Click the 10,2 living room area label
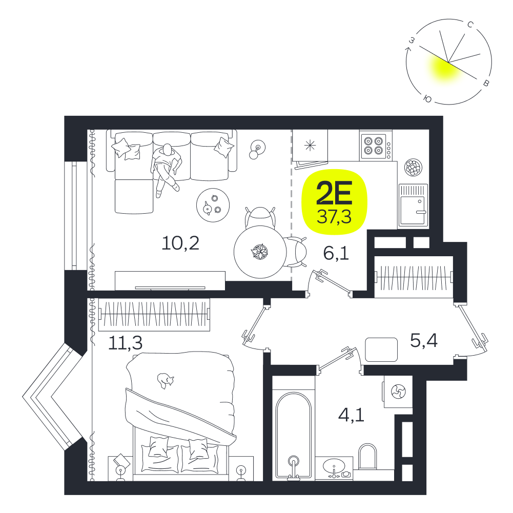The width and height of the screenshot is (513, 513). click(180, 243)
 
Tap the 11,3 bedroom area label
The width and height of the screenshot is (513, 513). click(126, 343)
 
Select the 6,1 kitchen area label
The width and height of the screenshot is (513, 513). click(336, 253)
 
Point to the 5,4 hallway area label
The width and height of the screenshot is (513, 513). click(424, 341)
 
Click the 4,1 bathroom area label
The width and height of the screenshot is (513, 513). click(351, 416)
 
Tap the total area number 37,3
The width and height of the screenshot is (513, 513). click(334, 217)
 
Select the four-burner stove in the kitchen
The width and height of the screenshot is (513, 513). click(376, 146)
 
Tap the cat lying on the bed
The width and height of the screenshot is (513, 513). click(166, 380)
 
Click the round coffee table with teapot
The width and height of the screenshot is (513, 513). click(213, 205)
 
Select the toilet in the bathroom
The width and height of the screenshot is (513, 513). click(367, 457)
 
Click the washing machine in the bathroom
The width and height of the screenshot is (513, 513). click(398, 392)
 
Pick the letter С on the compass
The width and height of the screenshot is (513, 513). click(470, 25)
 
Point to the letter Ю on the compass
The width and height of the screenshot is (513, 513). click(427, 98)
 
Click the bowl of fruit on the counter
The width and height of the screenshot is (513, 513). click(413, 167)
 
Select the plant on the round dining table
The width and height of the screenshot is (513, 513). click(260, 251)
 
